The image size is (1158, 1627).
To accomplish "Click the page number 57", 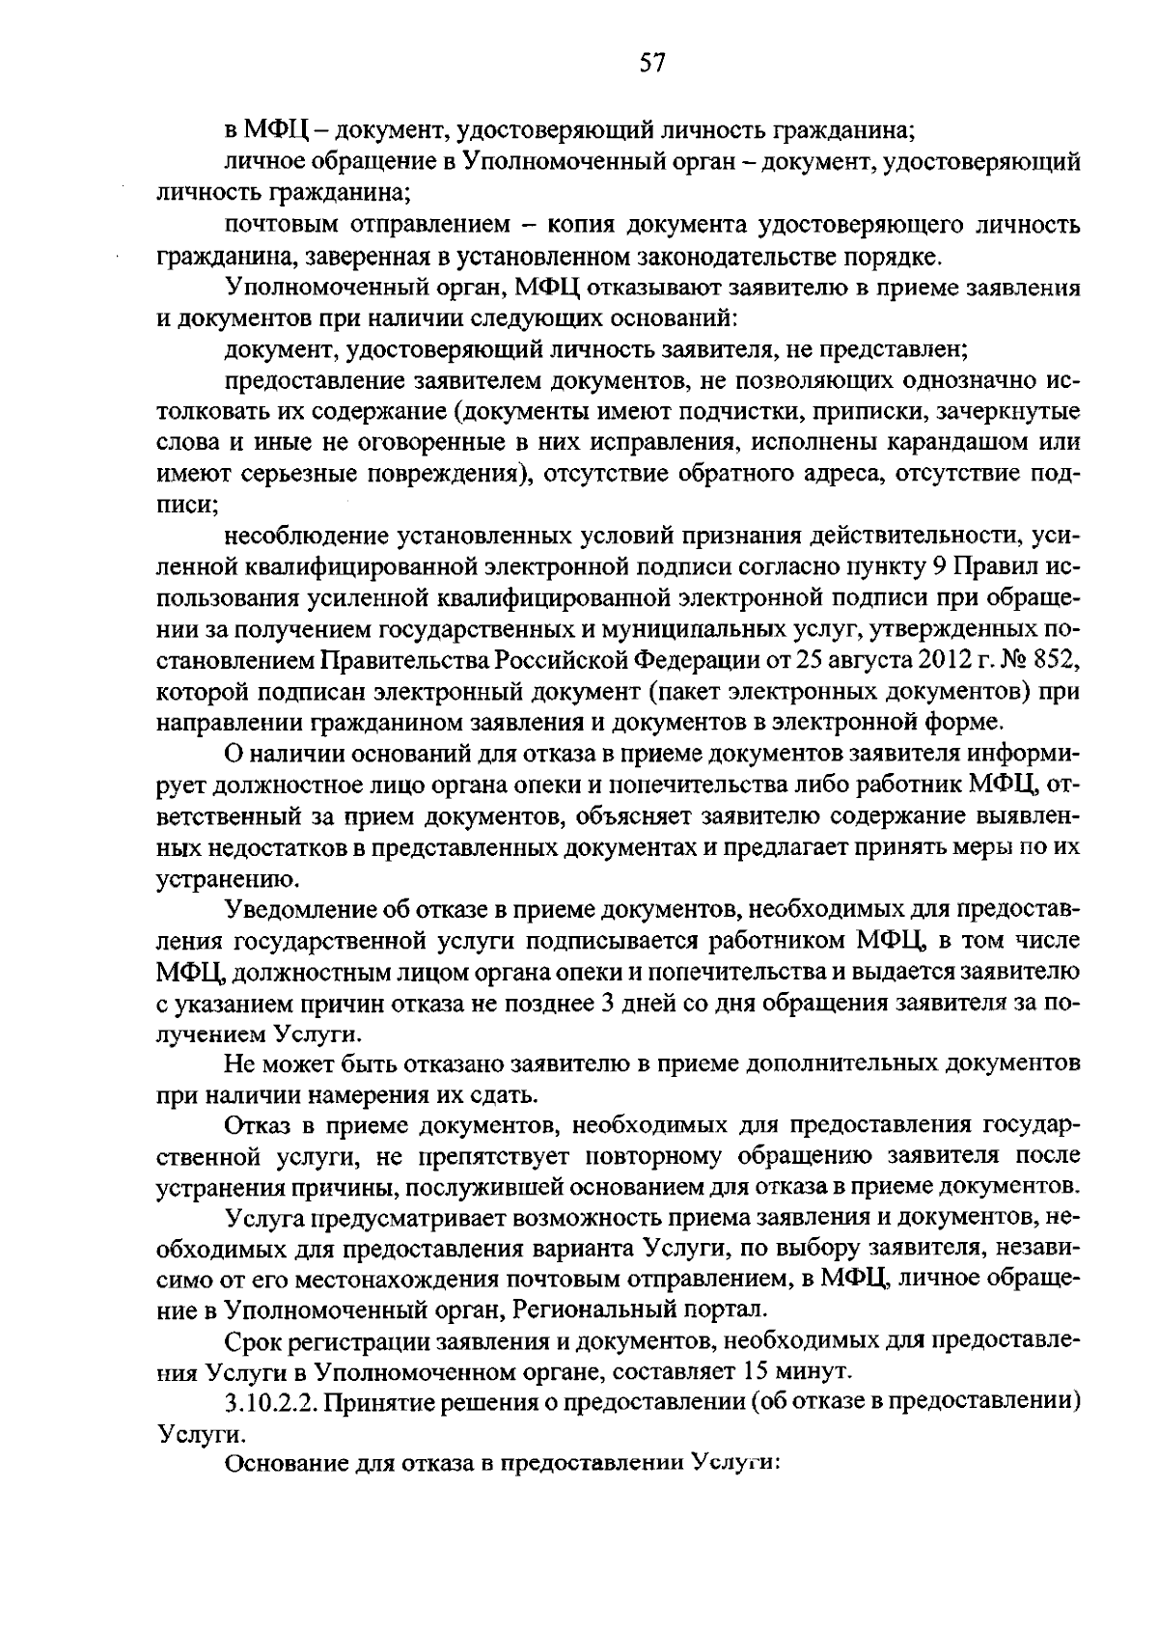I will point(652,64).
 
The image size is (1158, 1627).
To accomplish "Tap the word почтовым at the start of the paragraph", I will point(281,226).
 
